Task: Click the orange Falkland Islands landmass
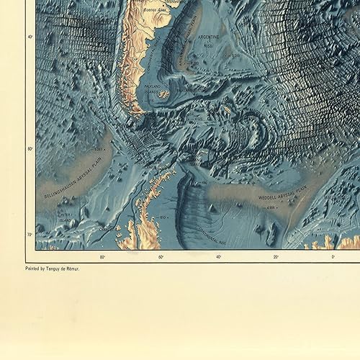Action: click(163, 94)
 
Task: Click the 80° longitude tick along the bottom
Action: click(102, 257)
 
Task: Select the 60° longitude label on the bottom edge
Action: click(160, 257)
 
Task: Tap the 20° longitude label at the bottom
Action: click(276, 257)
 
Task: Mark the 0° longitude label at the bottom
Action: click(333, 257)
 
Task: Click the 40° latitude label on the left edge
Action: click(30, 37)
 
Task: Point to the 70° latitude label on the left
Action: click(30, 235)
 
